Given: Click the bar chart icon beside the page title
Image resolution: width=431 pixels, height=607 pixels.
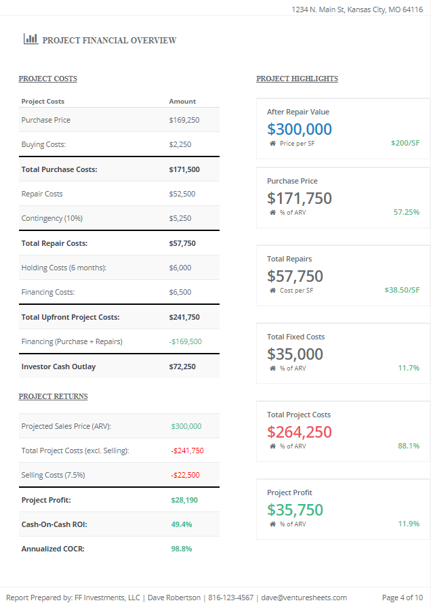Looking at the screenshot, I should point(30,39).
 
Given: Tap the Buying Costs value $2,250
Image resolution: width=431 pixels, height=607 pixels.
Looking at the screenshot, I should point(180,144).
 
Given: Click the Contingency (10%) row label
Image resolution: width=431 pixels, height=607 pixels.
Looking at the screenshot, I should point(52,218).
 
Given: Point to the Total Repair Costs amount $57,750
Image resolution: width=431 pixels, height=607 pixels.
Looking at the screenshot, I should point(184,243).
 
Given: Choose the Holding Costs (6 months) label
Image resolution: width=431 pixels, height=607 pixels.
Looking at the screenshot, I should point(64,268).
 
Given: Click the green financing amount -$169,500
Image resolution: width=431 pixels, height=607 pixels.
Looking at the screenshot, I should point(185,341).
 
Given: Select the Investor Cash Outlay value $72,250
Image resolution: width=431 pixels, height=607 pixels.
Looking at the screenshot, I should point(182,367).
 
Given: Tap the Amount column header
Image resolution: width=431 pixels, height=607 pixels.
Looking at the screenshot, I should point(182,102).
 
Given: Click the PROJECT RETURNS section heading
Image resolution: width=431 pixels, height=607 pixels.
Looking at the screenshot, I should point(53,396).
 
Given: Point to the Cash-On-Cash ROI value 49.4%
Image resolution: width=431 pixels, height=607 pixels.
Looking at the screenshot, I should point(181,524).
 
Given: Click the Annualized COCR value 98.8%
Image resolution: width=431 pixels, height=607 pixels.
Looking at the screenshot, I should point(181,549).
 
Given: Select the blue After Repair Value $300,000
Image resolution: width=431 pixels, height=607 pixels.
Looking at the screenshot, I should point(300,129).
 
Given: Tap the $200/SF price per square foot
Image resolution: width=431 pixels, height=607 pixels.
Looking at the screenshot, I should point(405,144).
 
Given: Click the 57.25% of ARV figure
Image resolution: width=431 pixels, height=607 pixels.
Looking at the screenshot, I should point(407,212).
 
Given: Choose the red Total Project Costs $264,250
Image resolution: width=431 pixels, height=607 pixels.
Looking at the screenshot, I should point(300,432).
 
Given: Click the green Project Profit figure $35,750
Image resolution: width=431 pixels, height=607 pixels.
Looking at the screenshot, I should point(295,509).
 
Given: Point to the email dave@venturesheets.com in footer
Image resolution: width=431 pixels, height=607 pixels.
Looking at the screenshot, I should point(304,598).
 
